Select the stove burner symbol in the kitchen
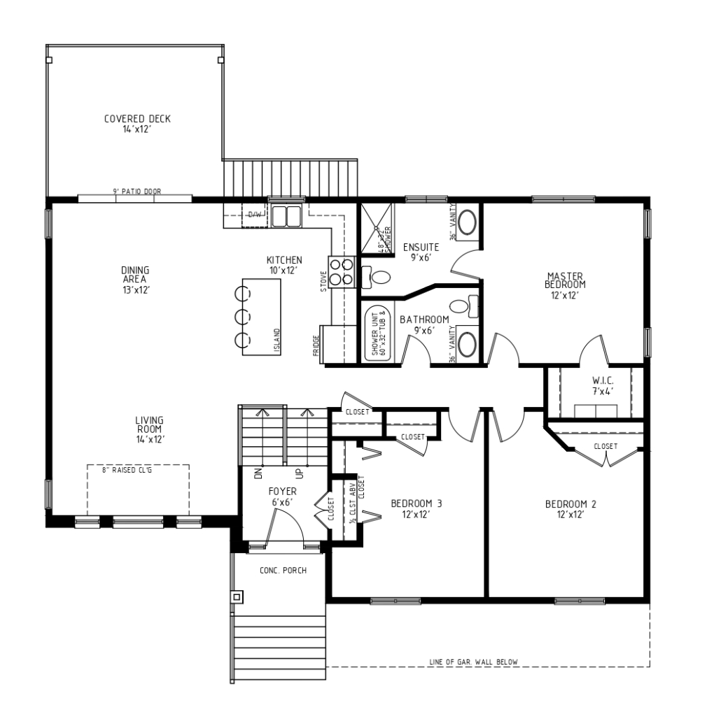(341, 272)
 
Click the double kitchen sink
(286, 216)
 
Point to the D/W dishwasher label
(253, 215)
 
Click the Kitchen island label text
(276, 338)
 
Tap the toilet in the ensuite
(378, 278)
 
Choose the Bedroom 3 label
(416, 508)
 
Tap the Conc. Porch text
(283, 570)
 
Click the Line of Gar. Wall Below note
(473, 661)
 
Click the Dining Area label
(135, 279)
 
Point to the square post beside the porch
(237, 596)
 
